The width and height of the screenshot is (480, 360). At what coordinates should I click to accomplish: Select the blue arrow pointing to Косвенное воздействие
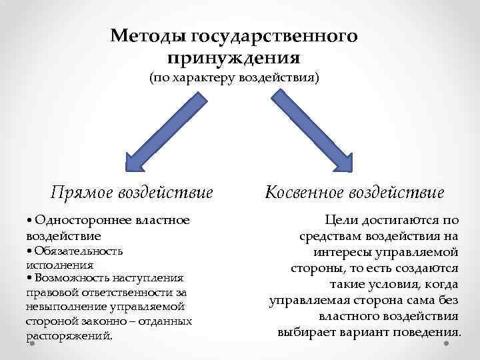(x=313, y=130)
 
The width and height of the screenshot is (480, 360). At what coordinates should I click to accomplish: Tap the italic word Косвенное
(x=307, y=193)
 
